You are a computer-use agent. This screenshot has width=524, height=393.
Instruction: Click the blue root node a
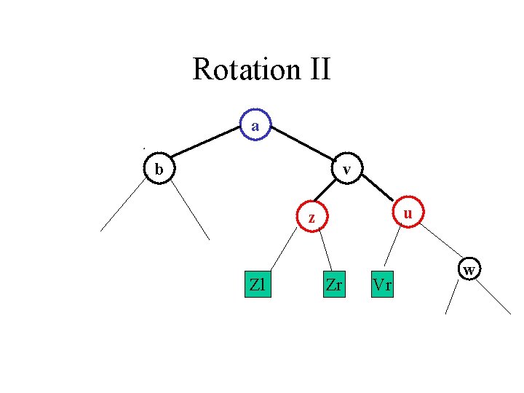pos(255,126)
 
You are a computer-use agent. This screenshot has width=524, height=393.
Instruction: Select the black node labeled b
pos(158,170)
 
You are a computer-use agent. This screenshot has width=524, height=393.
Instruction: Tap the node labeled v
pos(347,170)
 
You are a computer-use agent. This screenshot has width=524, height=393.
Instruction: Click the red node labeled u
pos(408,213)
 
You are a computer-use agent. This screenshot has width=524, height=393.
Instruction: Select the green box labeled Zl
pos(257,285)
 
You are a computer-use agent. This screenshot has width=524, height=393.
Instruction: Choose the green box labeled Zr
pos(334,285)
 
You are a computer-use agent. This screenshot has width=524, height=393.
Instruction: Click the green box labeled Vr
pos(381,285)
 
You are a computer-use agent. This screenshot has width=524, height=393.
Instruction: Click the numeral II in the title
pos(316,70)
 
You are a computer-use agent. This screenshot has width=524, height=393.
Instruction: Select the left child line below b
pos(124,205)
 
